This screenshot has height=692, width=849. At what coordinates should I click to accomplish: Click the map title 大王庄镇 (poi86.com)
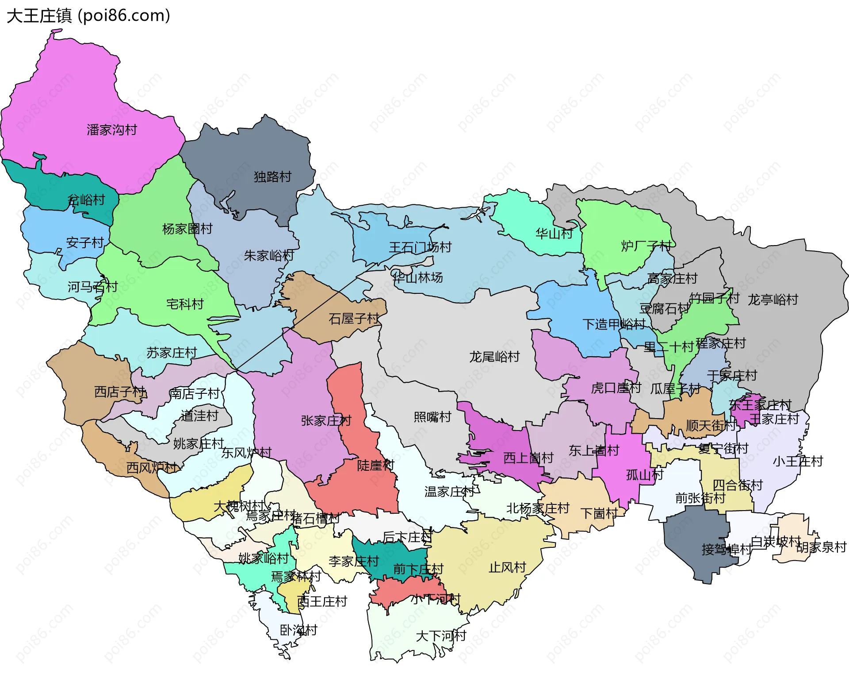[88, 16]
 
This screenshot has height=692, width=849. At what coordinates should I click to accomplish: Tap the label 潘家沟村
[112, 130]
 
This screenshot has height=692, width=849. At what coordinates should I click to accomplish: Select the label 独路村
[272, 177]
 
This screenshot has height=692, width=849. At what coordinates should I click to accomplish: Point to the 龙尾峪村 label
[494, 357]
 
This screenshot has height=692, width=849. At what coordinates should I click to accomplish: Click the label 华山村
[554, 234]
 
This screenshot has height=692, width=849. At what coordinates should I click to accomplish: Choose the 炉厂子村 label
[646, 246]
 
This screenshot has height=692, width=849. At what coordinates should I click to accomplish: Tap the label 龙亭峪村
[773, 300]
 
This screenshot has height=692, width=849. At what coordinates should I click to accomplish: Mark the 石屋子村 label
[354, 319]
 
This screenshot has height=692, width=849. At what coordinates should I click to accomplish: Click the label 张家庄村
[326, 420]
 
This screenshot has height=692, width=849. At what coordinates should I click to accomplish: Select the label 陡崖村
[375, 465]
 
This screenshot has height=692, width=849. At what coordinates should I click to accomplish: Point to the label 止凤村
[507, 567]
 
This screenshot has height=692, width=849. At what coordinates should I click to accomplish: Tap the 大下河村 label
[441, 636]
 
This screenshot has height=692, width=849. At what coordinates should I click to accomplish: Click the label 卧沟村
[298, 630]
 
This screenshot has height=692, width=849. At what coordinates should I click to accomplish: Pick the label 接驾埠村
[727, 550]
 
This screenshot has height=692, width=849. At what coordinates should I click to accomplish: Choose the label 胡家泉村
[821, 547]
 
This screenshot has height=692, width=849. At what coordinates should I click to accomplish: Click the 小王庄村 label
[798, 461]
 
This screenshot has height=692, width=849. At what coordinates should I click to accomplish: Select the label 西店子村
[119, 392]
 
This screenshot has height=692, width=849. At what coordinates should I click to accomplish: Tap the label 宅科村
[185, 304]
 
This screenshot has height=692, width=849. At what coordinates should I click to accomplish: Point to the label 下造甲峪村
[614, 324]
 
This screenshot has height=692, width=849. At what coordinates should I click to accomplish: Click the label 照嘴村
[432, 417]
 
